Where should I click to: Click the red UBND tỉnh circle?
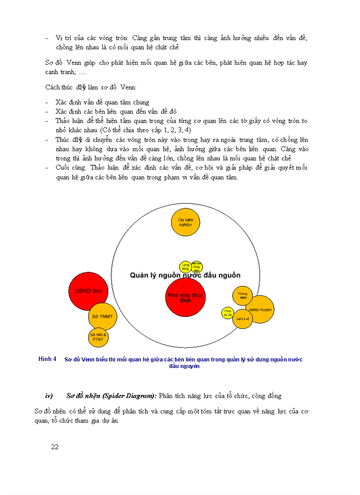coord(88,291)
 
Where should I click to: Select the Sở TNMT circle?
coord(103,316)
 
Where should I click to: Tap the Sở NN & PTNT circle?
coord(98,338)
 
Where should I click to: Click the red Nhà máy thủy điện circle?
coord(186,297)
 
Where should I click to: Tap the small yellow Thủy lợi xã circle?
coord(228,313)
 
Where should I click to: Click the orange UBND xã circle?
coord(242,318)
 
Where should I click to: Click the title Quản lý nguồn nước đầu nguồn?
coord(185,275)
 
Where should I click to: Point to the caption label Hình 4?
coord(47,359)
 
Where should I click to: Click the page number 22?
coord(55,447)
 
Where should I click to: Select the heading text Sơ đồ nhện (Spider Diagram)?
coord(111,396)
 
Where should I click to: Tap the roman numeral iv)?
coord(49,396)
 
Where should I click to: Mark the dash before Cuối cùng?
coord(47,168)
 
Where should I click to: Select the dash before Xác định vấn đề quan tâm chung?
coord(47,103)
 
